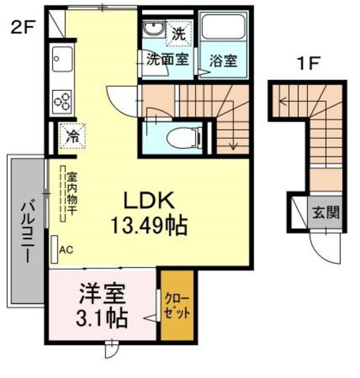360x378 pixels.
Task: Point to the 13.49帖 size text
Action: [149, 224]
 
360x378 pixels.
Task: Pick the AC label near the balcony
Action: [66, 249]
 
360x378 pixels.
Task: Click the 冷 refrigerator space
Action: [72, 136]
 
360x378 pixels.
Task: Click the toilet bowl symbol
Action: [181, 138]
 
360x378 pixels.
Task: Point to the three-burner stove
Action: [62, 101]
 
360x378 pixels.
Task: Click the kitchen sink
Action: [61, 57]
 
